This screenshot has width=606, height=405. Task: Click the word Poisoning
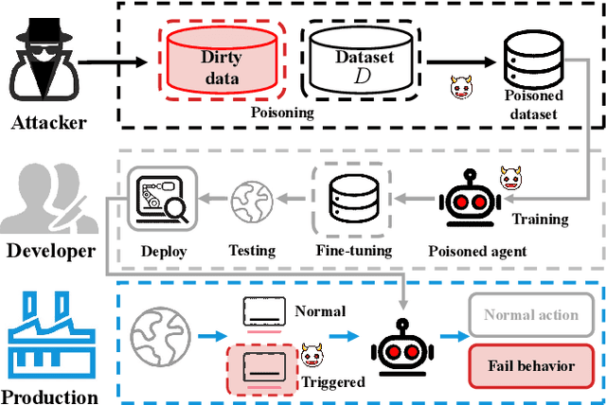[x=281, y=111]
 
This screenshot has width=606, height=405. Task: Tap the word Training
[x=540, y=220]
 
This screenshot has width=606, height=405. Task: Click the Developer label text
[x=51, y=251]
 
